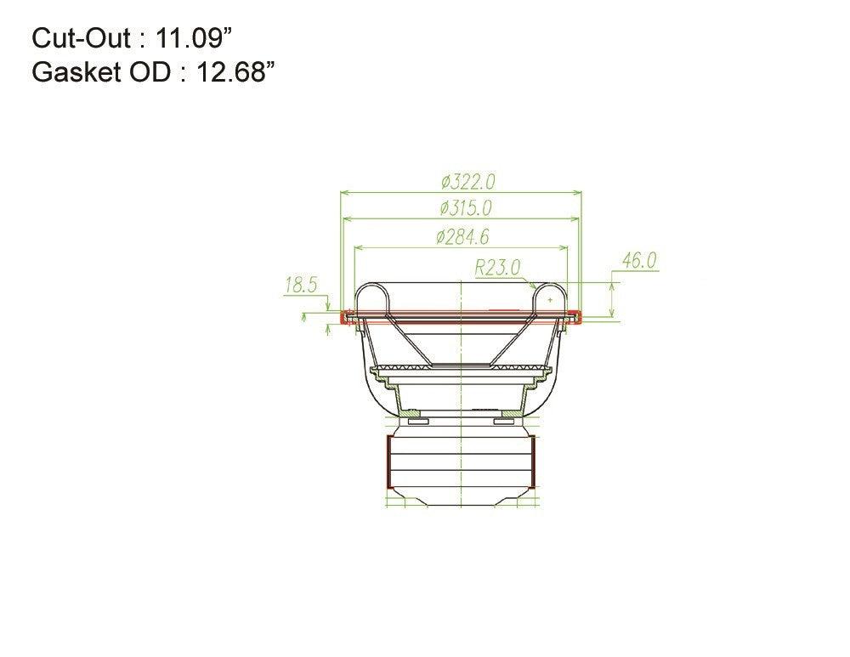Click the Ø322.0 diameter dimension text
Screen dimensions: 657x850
click(467, 182)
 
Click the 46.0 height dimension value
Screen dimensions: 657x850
click(639, 261)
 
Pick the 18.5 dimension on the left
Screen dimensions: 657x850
click(300, 285)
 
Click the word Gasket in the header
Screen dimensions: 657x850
click(71, 72)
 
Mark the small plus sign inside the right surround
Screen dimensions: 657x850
click(550, 300)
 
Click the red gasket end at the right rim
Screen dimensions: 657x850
click(576, 318)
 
